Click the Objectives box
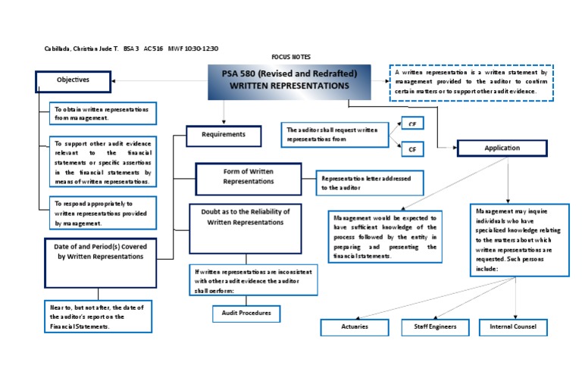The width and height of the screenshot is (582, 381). click(73, 80)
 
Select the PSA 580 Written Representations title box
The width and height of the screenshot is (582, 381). click(289, 82)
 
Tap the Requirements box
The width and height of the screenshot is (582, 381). click(224, 136)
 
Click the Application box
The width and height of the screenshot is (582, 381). click(502, 148)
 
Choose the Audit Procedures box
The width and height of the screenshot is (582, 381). click(246, 313)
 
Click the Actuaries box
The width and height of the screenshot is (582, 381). click(354, 327)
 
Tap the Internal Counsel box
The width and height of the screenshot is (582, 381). click(513, 327)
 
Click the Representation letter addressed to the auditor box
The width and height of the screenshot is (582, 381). click(369, 183)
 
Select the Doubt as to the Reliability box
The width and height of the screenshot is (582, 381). click(244, 227)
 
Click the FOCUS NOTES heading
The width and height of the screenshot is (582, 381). click(290, 57)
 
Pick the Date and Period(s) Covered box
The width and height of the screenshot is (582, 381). click(100, 263)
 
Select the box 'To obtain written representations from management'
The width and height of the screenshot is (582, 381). click(103, 114)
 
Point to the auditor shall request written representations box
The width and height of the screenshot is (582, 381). click(333, 135)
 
